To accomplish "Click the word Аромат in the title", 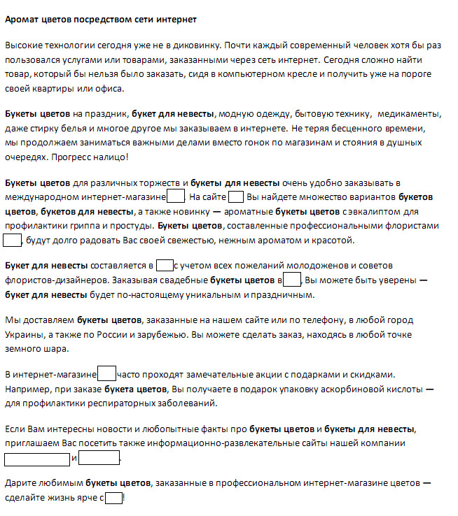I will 20,20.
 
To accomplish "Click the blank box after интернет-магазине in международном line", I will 176,196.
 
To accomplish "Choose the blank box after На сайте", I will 236,196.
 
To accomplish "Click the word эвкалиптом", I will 370,211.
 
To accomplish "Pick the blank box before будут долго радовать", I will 13,241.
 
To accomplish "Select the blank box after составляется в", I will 165,265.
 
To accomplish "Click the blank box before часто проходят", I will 107,374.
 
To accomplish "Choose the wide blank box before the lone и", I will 37,459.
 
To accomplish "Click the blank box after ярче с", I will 113,498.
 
